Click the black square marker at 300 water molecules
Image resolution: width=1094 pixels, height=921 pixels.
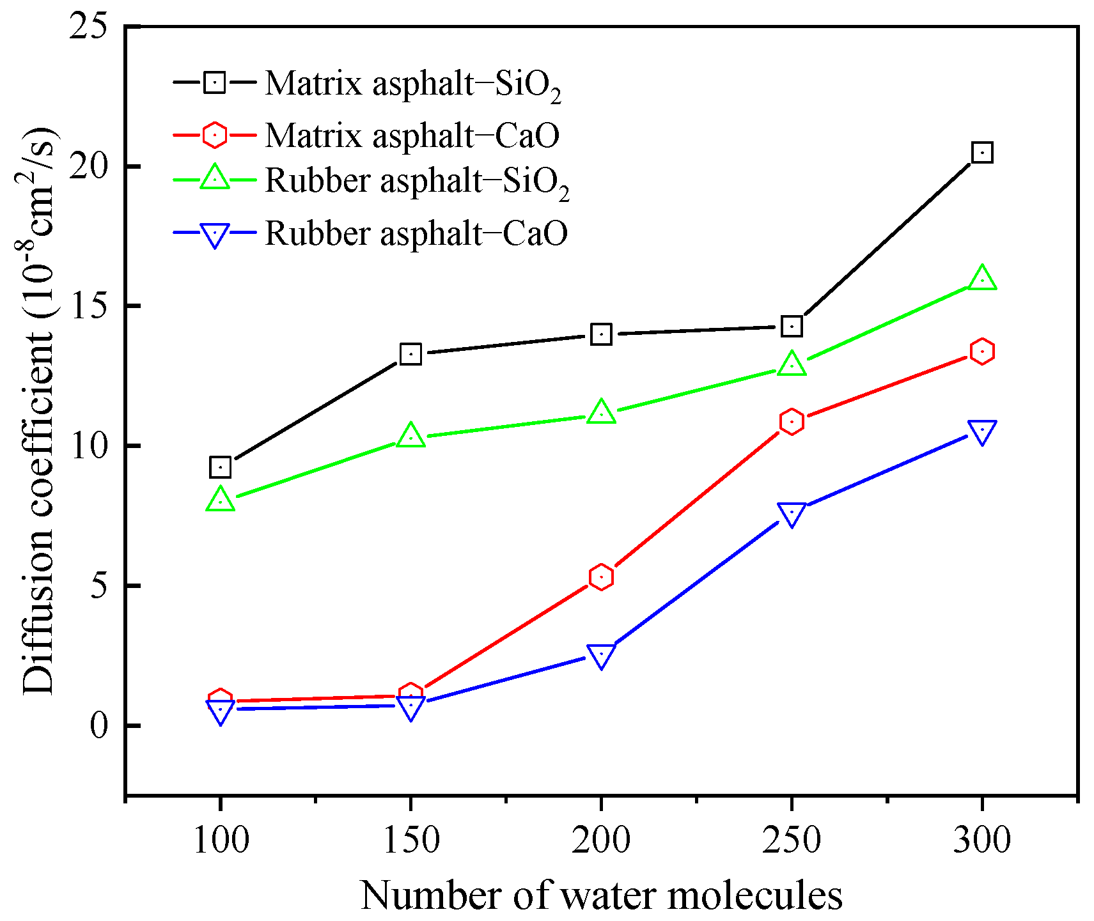coord(981,153)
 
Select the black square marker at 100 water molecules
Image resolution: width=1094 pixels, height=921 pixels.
coord(220,468)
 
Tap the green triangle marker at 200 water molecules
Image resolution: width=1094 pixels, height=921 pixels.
coord(601,413)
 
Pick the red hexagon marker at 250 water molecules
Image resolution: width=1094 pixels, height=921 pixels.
coord(792,422)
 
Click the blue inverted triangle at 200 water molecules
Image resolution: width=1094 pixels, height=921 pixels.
coord(601,655)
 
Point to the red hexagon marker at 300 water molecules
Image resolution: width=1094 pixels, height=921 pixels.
coord(981,352)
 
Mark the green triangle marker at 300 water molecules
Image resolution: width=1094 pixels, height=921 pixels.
coord(981,279)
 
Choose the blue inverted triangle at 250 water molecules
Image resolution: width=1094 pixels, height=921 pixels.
coord(792,513)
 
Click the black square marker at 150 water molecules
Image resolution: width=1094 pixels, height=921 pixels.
coord(410,354)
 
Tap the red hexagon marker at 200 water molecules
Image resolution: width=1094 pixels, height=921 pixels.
coord(601,577)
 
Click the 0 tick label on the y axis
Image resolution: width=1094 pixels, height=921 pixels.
coord(99,726)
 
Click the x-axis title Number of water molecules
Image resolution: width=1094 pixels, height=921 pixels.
coord(601,895)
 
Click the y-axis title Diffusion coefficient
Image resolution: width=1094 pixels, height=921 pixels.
coord(40,409)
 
